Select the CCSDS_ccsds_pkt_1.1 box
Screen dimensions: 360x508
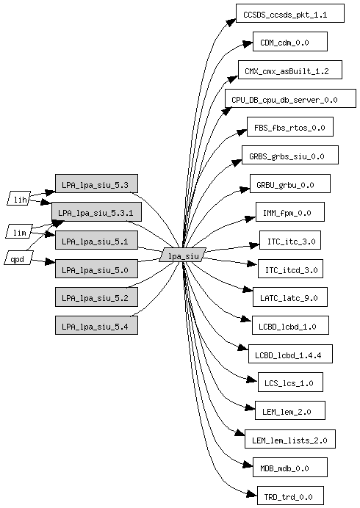click(x=290, y=13)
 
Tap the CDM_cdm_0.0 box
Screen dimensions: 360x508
click(x=290, y=41)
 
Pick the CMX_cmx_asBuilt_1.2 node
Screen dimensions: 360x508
click(x=290, y=70)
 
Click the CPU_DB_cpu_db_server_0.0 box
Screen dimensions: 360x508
click(x=290, y=98)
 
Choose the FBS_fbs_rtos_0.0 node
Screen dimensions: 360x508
click(x=290, y=127)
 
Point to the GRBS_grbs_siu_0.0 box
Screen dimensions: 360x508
click(x=290, y=155)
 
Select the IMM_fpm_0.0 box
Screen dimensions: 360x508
click(x=290, y=212)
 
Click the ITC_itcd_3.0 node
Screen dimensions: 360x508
click(x=290, y=269)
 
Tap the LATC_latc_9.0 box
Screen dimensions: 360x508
click(x=290, y=297)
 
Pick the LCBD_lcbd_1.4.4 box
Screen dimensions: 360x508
click(x=290, y=354)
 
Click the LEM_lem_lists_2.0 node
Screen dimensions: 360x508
click(x=290, y=439)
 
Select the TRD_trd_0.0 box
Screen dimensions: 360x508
click(x=290, y=496)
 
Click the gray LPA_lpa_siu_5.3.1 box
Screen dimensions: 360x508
click(x=96, y=212)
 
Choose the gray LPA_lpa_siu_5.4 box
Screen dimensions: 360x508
click(x=96, y=325)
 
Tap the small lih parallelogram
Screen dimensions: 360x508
click(x=19, y=198)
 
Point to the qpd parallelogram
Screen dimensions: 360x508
click(x=19, y=258)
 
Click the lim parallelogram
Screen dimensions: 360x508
click(x=19, y=231)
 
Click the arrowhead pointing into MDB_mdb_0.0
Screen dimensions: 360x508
click(x=248, y=465)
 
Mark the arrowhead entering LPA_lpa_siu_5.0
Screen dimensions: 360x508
click(x=50, y=261)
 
